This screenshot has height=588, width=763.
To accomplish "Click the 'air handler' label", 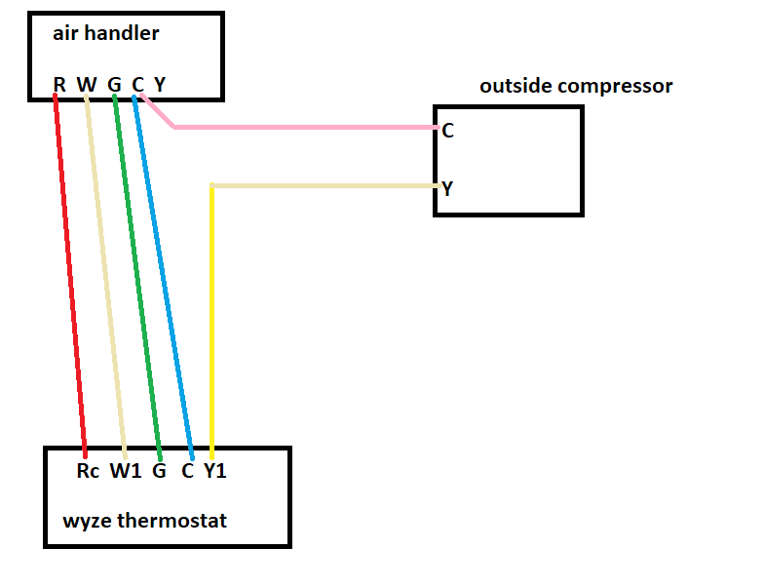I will pos(105,34).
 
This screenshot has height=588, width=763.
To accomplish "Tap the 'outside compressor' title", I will pos(575,86).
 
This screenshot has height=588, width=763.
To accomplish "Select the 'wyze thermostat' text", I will pos(144,520).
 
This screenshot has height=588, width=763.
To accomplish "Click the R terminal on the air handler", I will pos(59,84).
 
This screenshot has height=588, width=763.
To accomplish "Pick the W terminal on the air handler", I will pos(86,84).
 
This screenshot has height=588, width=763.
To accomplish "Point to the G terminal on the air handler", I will pos(114,84).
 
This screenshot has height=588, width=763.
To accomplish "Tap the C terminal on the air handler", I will pos(137,84).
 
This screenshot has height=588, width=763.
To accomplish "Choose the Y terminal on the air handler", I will pos(160,84).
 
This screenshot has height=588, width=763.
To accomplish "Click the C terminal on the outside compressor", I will pos(447,130).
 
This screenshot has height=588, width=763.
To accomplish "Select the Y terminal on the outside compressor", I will pos(447,188).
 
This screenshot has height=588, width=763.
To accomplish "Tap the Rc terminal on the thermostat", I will pos(88,472).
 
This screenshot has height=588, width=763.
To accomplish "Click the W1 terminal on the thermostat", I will pos(125,472).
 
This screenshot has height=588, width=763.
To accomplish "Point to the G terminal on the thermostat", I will pos(159,472).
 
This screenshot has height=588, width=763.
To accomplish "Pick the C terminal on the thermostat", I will pos(187,472).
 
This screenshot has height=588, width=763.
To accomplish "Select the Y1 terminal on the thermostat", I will pos(215,472).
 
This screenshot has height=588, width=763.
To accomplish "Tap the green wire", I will pos(136,273).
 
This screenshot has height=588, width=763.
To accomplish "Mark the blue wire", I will pos(164,273).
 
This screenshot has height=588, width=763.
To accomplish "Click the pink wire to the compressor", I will pos(302,127).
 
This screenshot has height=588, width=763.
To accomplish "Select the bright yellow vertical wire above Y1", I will pos(211,322).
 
